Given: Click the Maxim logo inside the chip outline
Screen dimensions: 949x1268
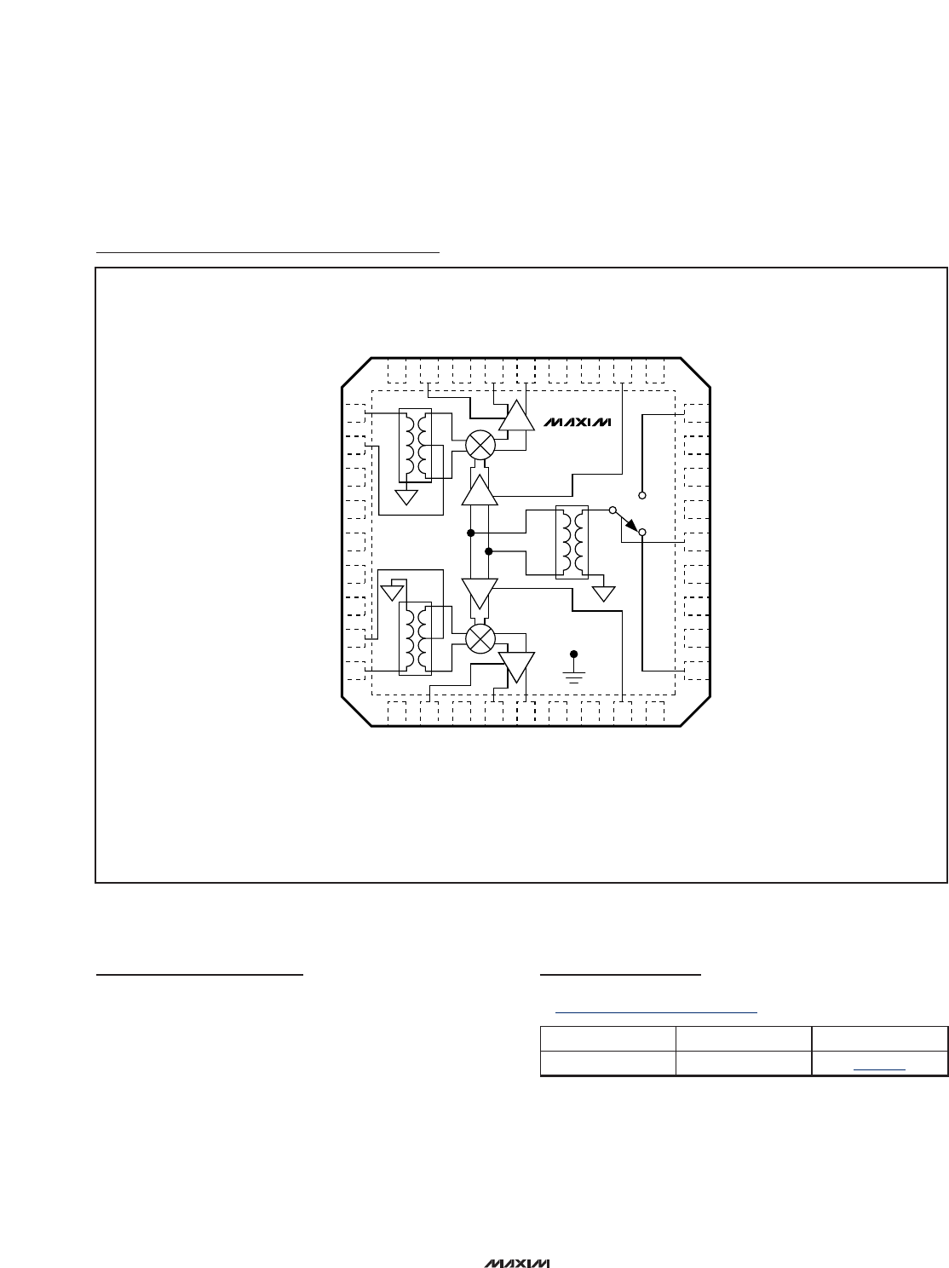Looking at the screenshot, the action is (577, 423).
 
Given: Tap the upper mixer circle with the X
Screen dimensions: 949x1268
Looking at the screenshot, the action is (480, 445).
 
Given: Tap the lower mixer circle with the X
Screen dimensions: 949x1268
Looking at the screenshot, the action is (480, 638).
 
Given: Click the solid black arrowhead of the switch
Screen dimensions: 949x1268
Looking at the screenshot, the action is (632, 525).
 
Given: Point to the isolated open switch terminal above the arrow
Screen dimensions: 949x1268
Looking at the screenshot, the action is (642, 495).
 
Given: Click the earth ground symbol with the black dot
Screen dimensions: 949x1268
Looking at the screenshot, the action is (573, 668).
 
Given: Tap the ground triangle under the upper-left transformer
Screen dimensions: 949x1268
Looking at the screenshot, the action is (406, 497).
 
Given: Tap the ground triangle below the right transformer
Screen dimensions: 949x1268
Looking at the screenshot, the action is (604, 594).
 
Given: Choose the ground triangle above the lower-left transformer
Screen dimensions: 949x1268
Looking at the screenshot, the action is (392, 593).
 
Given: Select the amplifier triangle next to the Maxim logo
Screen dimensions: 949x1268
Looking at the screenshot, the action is (516, 415).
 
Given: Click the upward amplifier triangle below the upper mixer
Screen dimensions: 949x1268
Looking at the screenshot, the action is (480, 491).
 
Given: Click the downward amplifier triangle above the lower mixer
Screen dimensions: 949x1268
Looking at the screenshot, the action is (480, 593).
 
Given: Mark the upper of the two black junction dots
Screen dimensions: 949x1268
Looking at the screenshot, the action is (470, 533).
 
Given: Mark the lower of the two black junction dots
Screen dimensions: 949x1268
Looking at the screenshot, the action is (488, 551).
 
